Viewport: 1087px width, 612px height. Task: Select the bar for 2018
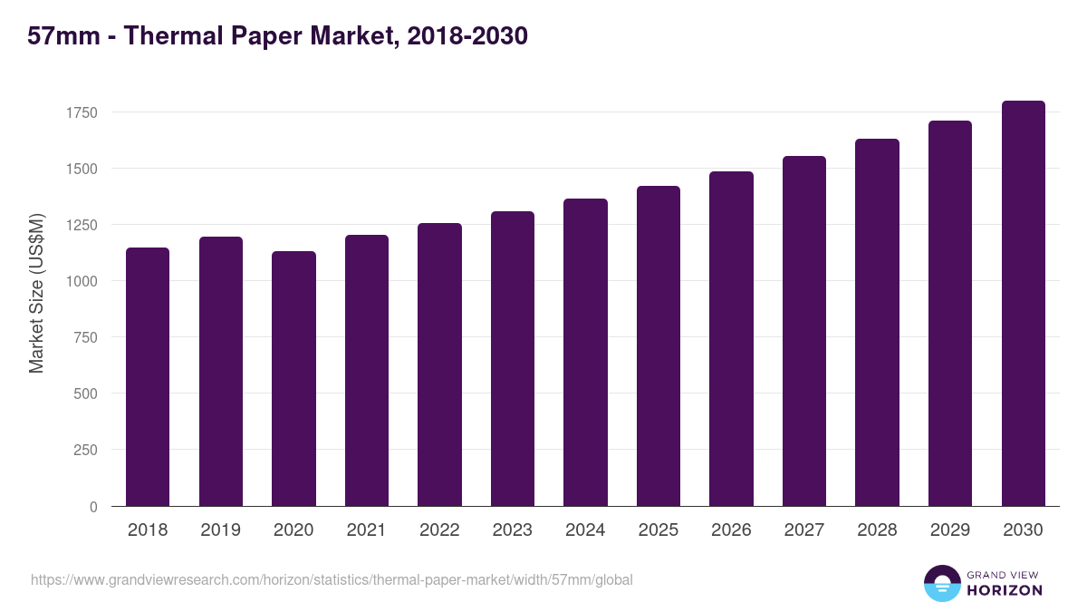(148, 376)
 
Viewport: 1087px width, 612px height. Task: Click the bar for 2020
(293, 378)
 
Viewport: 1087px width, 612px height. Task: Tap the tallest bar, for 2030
(1023, 304)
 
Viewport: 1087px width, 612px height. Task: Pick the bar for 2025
(658, 345)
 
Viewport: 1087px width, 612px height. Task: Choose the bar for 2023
(512, 358)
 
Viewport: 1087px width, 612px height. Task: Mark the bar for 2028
(877, 322)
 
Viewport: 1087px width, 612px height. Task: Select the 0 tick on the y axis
(93, 506)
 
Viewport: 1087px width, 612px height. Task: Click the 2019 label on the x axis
(220, 530)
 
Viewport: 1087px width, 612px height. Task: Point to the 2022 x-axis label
(439, 530)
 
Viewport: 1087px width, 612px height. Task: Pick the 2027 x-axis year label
(803, 530)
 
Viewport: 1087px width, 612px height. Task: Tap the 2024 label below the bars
(585, 530)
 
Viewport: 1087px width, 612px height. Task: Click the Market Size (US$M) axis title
(36, 294)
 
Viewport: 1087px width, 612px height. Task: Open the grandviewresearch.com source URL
(332, 579)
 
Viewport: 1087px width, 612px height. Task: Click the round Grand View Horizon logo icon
(942, 584)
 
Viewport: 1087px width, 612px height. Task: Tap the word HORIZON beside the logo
(1005, 590)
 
